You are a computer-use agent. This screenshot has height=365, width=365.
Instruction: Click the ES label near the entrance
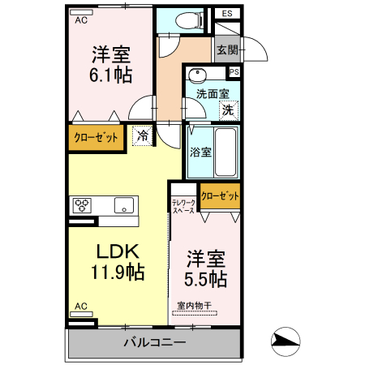226,14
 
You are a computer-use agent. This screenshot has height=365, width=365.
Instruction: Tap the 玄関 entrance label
227,49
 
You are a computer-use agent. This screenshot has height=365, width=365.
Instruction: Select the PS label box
234,71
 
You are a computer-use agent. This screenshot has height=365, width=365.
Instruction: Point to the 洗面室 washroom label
212,93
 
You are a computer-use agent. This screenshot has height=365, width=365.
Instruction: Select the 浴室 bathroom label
200,150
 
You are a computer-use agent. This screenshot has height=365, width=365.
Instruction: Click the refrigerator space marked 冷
143,136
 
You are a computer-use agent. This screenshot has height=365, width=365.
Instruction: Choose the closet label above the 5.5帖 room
220,195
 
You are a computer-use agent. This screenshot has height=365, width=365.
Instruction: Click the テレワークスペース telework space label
183,206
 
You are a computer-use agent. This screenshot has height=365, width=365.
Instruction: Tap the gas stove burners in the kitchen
83,205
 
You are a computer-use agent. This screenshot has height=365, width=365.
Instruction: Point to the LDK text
119,251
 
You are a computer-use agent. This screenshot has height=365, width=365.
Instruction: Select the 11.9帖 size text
119,272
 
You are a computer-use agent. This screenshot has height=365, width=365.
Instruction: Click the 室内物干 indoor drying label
195,306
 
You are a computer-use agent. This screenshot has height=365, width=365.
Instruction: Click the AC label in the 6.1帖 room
81,21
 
